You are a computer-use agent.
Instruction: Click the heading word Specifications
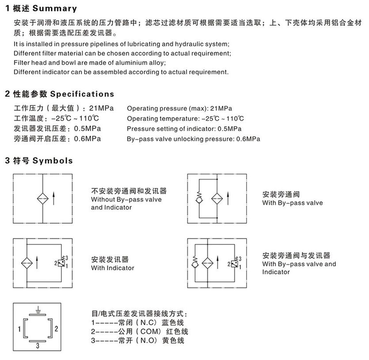(82, 94)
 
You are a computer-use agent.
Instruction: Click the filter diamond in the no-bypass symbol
(42, 198)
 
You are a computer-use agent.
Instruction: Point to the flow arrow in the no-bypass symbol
(53, 198)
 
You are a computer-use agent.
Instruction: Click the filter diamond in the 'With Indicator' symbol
(27, 262)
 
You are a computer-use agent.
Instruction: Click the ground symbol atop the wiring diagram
(38, 309)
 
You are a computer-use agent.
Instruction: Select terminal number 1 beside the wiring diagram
(19, 329)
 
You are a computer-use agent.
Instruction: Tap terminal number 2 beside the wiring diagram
(56, 329)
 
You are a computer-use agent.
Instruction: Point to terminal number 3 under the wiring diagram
(38, 347)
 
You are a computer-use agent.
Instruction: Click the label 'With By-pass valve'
(293, 203)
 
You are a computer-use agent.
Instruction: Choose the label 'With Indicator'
(113, 268)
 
